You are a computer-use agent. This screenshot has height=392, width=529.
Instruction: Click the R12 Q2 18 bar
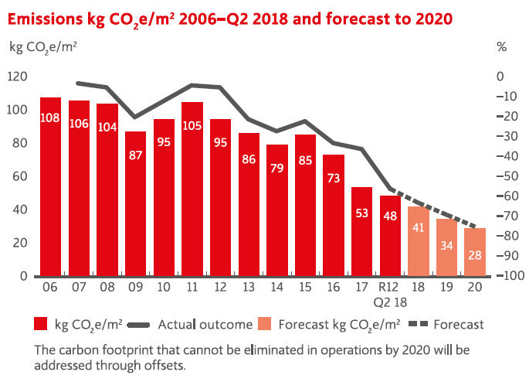coord(390,236)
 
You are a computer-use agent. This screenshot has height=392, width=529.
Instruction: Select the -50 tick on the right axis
coord(505,176)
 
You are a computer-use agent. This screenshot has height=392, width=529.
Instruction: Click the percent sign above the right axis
coord(502,47)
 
